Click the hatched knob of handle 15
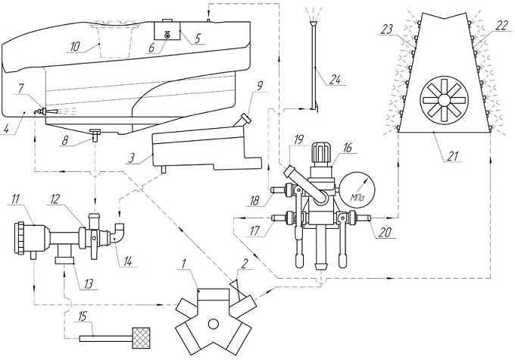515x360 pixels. [142, 333]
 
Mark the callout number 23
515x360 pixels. [387, 30]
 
